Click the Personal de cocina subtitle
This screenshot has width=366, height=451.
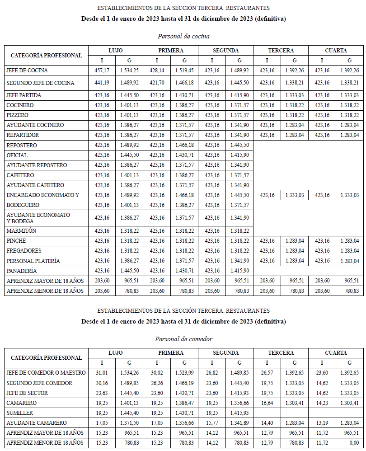[x=183, y=36]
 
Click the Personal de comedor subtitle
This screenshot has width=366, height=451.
[x=183, y=339]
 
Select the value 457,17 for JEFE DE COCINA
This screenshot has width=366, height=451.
[x=102, y=70]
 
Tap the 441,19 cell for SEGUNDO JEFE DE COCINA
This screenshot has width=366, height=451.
[x=102, y=83]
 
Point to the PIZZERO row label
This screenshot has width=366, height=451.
[x=17, y=115]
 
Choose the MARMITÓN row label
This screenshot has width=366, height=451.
[x=21, y=231]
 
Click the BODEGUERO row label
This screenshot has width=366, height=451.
[x=23, y=205]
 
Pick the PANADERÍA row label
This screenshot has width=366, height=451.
[x=22, y=271]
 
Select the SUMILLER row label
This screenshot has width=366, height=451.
[x=20, y=413]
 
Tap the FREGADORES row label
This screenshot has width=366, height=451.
[x=24, y=251]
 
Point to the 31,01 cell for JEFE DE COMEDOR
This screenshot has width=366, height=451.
[x=102, y=373]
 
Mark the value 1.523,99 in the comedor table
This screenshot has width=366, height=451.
[x=184, y=373]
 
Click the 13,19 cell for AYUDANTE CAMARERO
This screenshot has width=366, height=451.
[x=322, y=423]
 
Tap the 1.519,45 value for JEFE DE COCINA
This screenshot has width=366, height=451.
[x=184, y=70]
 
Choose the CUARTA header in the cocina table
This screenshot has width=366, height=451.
[x=336, y=51]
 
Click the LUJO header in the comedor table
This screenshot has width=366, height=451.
[x=115, y=353]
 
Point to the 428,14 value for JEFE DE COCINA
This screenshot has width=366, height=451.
[x=157, y=70]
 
